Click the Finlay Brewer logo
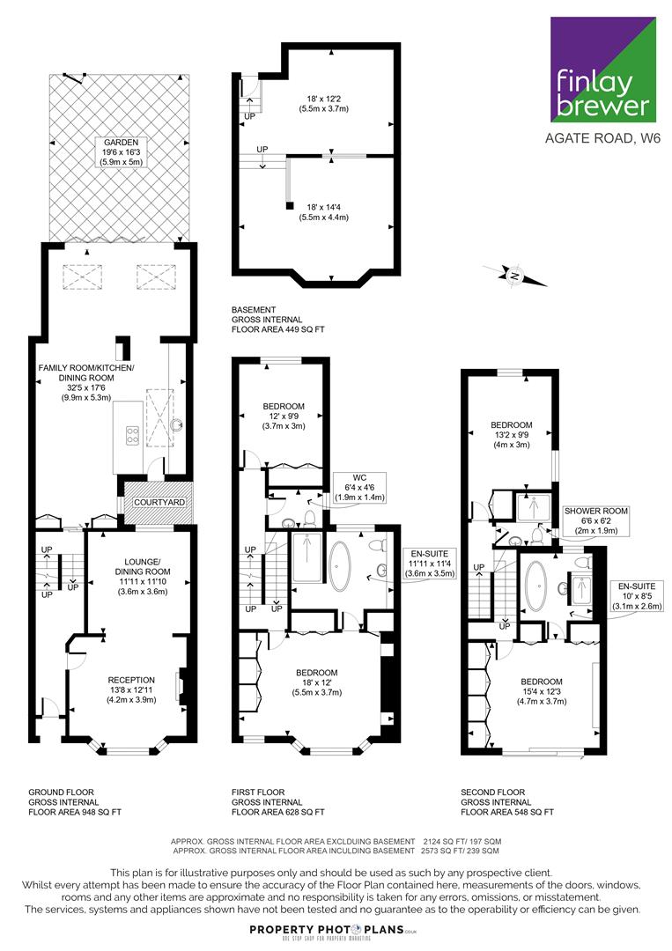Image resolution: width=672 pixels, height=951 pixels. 602,70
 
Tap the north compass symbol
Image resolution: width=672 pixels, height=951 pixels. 515,276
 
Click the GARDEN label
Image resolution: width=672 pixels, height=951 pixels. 121,152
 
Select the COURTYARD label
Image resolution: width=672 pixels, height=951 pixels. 159,502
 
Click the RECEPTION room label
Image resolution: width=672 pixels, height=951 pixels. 131,689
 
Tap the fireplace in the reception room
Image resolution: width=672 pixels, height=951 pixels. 181,687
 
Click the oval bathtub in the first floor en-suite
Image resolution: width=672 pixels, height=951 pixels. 340,566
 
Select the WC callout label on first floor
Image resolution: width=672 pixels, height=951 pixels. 359,487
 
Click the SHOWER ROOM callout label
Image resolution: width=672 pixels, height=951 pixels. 596,520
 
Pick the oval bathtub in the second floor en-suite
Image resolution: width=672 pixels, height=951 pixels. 535,586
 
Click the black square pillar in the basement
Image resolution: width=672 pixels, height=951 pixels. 290,205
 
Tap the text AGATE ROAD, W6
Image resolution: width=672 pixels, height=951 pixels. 602,137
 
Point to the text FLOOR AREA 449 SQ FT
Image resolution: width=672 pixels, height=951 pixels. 277,329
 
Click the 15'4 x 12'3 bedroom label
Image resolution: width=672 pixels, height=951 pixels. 542,691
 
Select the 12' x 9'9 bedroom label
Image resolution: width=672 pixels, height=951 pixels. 284,416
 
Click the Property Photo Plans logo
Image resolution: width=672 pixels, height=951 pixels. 334,932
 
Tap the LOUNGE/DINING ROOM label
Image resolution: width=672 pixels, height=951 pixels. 143,576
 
